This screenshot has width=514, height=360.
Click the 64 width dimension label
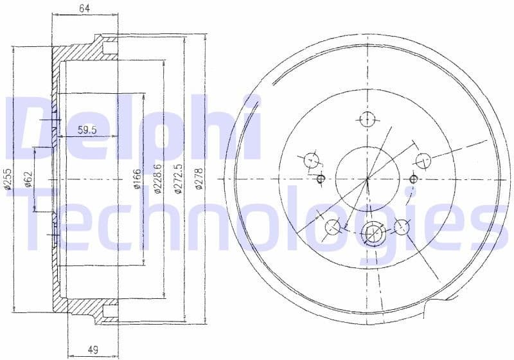point(84,8)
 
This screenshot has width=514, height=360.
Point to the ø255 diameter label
point(8,182)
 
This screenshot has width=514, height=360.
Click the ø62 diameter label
point(28,179)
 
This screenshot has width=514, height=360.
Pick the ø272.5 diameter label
point(179,177)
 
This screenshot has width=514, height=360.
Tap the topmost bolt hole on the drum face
point(367,119)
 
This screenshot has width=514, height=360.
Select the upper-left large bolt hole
point(312,159)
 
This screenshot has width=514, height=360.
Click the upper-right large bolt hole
point(423,160)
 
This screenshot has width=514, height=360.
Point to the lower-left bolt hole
point(333,226)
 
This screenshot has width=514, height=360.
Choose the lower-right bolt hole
point(402,226)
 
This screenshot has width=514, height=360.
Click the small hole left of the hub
point(322,178)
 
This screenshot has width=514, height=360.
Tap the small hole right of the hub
point(413,179)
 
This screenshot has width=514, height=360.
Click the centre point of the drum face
point(368,178)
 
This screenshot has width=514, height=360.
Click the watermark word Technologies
point(257,219)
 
